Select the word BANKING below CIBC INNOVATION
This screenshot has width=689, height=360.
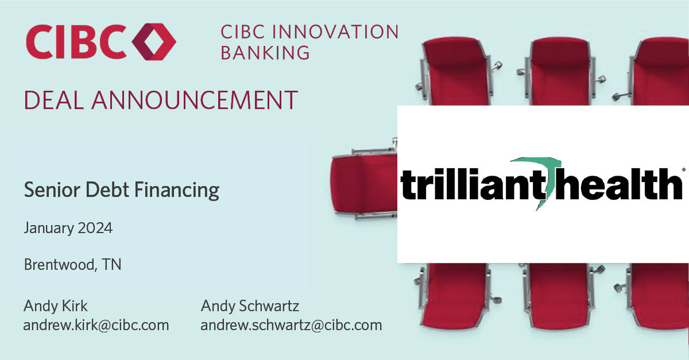click(x=265, y=52)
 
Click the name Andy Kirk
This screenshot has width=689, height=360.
click(x=56, y=305)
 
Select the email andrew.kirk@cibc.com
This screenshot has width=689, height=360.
click(x=96, y=325)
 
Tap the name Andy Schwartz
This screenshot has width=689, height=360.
click(x=250, y=305)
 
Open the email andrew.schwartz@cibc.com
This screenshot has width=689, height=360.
click(x=291, y=325)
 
